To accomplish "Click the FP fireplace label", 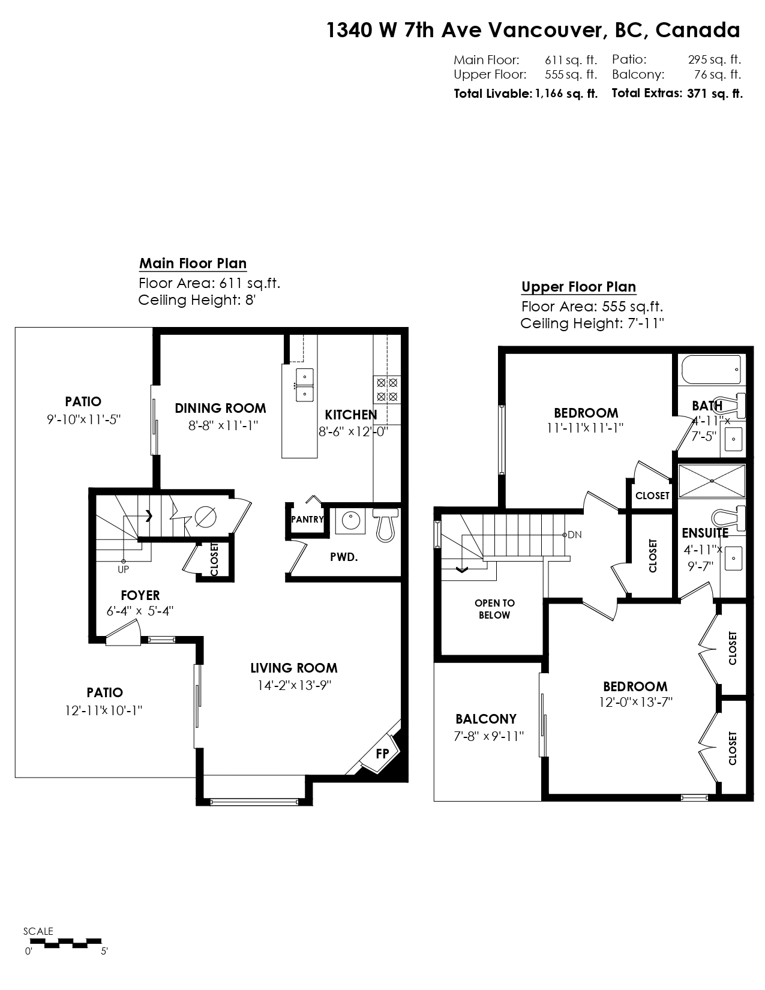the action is (382, 754).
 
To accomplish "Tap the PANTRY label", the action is (308, 520).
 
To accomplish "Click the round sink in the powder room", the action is (350, 521).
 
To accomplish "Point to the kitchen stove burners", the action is (387, 389).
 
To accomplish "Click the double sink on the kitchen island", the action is (304, 385).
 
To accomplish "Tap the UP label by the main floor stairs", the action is (123, 569).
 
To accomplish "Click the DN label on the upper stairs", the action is (575, 535).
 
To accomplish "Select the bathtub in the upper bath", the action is (711, 370).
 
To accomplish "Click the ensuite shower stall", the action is (712, 481).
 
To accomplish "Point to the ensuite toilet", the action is (728, 518).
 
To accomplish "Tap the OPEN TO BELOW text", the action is (495, 608).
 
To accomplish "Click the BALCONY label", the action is (486, 719).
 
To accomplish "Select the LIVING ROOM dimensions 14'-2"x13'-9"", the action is (295, 685).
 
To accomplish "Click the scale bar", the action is (63, 943).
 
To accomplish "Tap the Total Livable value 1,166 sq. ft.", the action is (566, 94).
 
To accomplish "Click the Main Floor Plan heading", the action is (193, 263).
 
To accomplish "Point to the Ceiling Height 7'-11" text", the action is (592, 323).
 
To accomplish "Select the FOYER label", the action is (140, 595).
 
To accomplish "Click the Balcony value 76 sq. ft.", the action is (718, 74).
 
